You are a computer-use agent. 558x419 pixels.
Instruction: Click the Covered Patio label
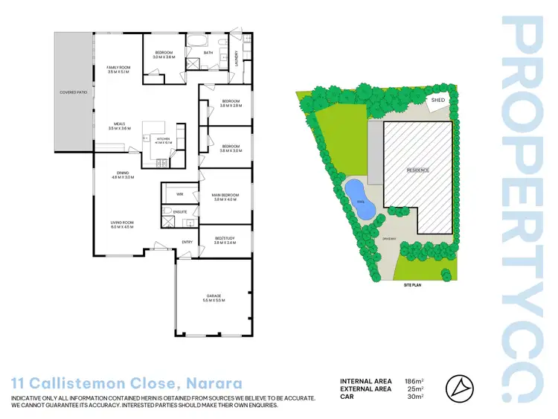[73, 92]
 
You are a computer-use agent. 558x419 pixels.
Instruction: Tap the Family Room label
[119, 70]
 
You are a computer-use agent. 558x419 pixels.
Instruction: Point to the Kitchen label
[162, 140]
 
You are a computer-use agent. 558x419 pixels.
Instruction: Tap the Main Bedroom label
[224, 197]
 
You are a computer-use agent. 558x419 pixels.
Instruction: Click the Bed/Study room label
[224, 240]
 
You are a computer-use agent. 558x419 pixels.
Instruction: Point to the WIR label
[179, 193]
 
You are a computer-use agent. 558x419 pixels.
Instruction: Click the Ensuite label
[180, 212]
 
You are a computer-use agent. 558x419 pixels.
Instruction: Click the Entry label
[187, 242]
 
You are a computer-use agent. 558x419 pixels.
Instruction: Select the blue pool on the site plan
[360, 199]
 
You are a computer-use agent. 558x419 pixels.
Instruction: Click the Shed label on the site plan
[437, 100]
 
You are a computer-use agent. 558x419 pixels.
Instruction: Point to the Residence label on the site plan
[417, 170]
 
